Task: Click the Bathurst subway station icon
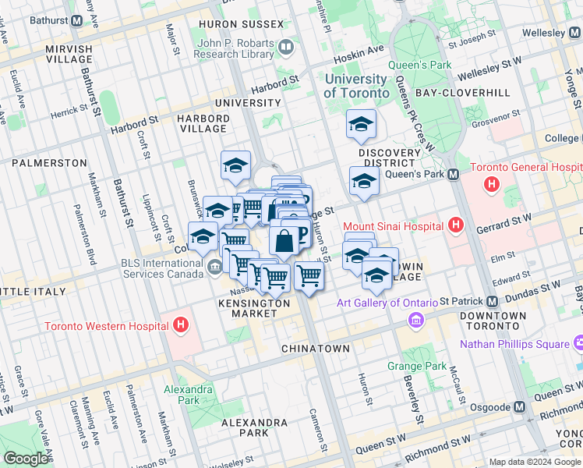[76, 20]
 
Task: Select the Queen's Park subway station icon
[453, 174]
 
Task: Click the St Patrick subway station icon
[492, 301]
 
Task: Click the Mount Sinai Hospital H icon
[457, 226]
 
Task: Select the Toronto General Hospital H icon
[492, 185]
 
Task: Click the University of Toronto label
[356, 86]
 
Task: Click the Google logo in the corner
[26, 459]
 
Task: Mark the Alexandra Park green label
[188, 395]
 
